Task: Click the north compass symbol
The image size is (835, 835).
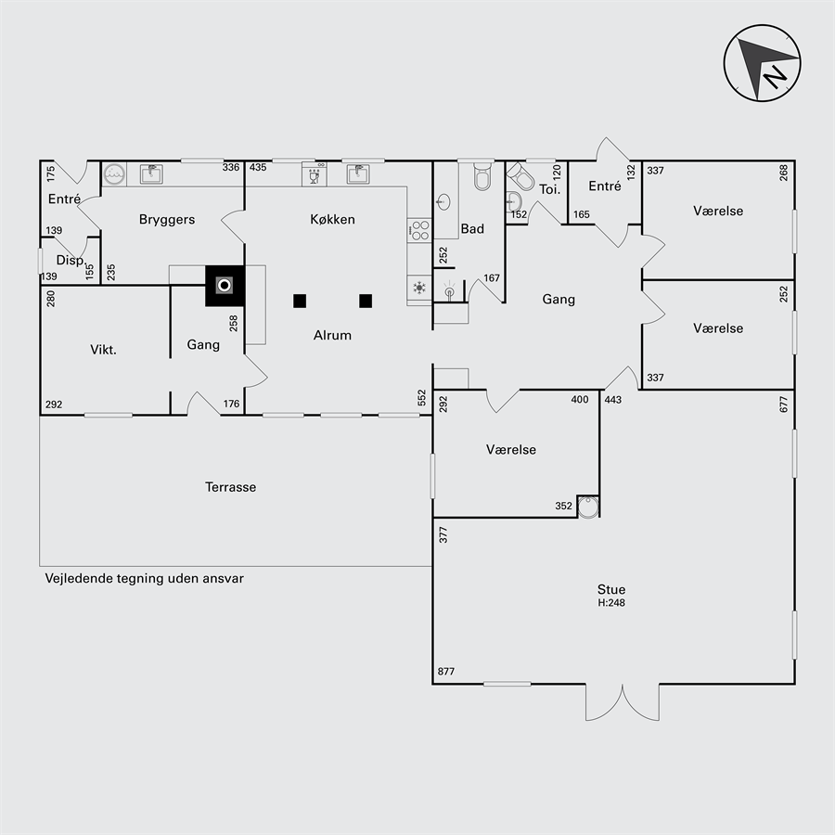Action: [762, 63]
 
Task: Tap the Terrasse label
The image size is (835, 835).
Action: [231, 487]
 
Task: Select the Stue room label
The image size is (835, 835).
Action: [611, 589]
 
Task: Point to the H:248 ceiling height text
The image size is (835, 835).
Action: [611, 603]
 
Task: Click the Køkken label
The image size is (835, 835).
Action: [332, 219]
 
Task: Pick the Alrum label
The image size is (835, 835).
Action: [332, 335]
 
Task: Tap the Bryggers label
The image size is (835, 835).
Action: [167, 219]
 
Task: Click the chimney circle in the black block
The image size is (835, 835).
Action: [225, 286]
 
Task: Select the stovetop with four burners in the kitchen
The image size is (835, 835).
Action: [419, 230]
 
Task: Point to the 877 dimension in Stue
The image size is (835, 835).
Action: [446, 671]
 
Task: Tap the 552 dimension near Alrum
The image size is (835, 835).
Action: [422, 398]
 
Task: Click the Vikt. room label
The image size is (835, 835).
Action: [103, 350]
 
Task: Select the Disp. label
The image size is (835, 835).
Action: [71, 260]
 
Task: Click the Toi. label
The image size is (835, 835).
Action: [549, 189]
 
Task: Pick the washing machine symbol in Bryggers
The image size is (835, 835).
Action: [114, 173]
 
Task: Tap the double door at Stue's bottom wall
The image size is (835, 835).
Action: [623, 702]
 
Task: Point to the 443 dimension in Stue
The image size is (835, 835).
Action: [613, 399]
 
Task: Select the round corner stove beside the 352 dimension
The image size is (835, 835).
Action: [588, 507]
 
